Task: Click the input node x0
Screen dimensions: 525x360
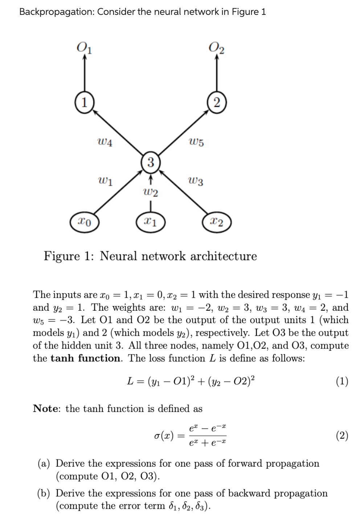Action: coord(85,220)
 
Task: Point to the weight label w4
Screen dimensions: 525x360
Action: coord(105,142)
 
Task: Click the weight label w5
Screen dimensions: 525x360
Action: coord(196,142)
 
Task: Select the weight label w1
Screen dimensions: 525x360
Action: coord(105,180)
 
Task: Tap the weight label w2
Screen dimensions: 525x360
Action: coord(151,192)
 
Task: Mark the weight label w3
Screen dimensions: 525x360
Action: coord(196,180)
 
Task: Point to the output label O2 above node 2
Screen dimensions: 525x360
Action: coord(217,47)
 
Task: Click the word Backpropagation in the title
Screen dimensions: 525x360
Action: coord(56,12)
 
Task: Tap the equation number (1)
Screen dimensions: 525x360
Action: coord(341,381)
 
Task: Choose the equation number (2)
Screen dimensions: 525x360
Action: coord(341,435)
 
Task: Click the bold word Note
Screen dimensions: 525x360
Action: coord(47,409)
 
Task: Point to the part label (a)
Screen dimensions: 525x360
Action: coord(45,463)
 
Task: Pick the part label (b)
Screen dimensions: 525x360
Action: coord(45,493)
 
